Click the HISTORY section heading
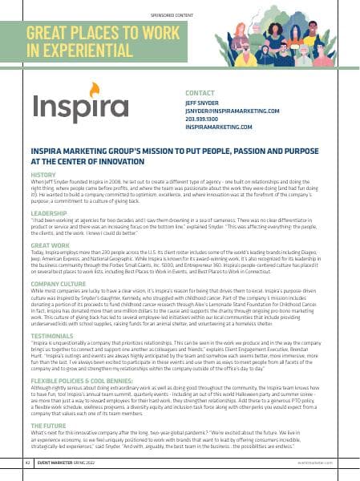[x=42, y=174]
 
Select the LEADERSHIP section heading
[x=47, y=214]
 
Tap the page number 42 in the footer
[x=28, y=463]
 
